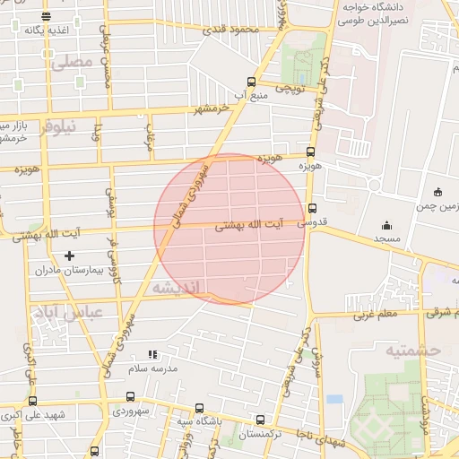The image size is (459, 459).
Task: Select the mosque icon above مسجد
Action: [x=386, y=225]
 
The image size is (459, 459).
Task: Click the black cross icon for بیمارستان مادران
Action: [x=70, y=255]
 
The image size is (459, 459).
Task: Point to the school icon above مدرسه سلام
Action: [x=152, y=354]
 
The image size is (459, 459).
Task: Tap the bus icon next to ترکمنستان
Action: [x=261, y=419]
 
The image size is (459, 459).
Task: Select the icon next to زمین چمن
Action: [x=437, y=191]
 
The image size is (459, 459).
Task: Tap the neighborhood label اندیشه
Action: [x=179, y=288]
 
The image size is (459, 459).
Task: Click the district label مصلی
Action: [x=73, y=63]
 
